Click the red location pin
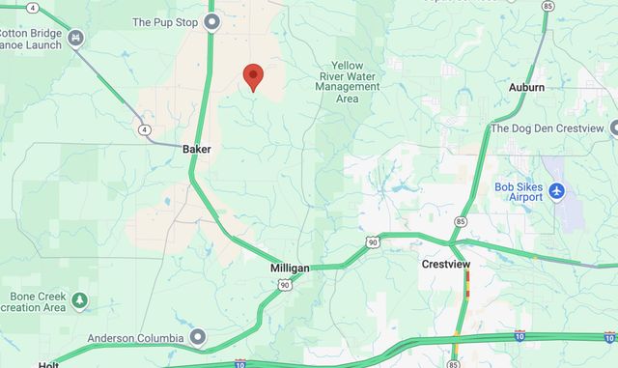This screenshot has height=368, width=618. click(253, 76)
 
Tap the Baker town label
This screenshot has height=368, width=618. click(196, 150)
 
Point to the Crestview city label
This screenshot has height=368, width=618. click(445, 264)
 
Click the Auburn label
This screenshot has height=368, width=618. click(526, 87)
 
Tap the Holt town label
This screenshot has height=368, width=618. click(48, 364)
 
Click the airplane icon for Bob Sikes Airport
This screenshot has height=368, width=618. click(556, 192)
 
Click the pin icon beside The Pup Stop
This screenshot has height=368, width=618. click(212, 19)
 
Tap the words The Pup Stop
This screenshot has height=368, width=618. click(165, 21)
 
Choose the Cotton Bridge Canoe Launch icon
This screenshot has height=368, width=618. click(76, 38)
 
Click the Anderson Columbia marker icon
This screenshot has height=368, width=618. click(198, 337)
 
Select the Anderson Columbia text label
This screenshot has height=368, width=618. click(135, 338)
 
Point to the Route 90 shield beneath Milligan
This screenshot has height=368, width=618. click(282, 285)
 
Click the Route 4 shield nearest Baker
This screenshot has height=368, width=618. click(144, 129)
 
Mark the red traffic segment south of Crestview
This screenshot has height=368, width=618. click(468, 281)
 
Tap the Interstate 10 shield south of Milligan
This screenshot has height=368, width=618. click(240, 364)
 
